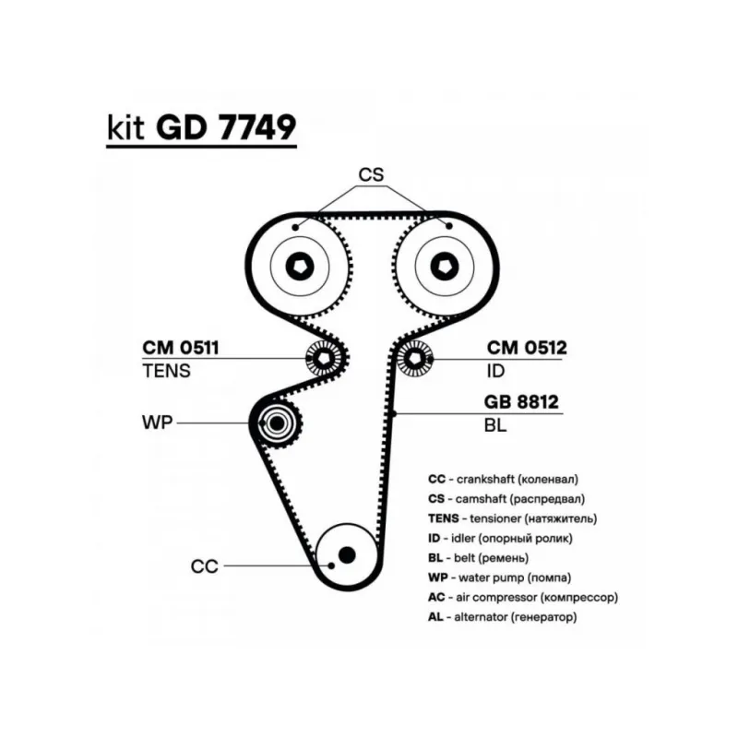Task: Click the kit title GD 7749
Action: tap(225, 126)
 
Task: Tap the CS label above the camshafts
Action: tap(371, 175)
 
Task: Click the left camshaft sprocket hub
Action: tap(300, 267)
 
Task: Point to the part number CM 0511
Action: tap(181, 348)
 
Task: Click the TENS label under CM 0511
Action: tap(166, 372)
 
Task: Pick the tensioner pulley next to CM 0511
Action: tap(324, 357)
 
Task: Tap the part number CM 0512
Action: tap(527, 348)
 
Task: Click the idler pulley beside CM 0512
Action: tap(417, 357)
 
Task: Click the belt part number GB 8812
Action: tap(522, 402)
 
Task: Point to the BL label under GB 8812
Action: tap(494, 426)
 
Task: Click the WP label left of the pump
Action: tap(156, 423)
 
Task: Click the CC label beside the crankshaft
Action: tap(204, 566)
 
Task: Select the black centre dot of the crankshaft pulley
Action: tap(346, 553)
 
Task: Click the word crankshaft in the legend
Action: tap(485, 480)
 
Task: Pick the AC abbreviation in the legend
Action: tap(436, 598)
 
